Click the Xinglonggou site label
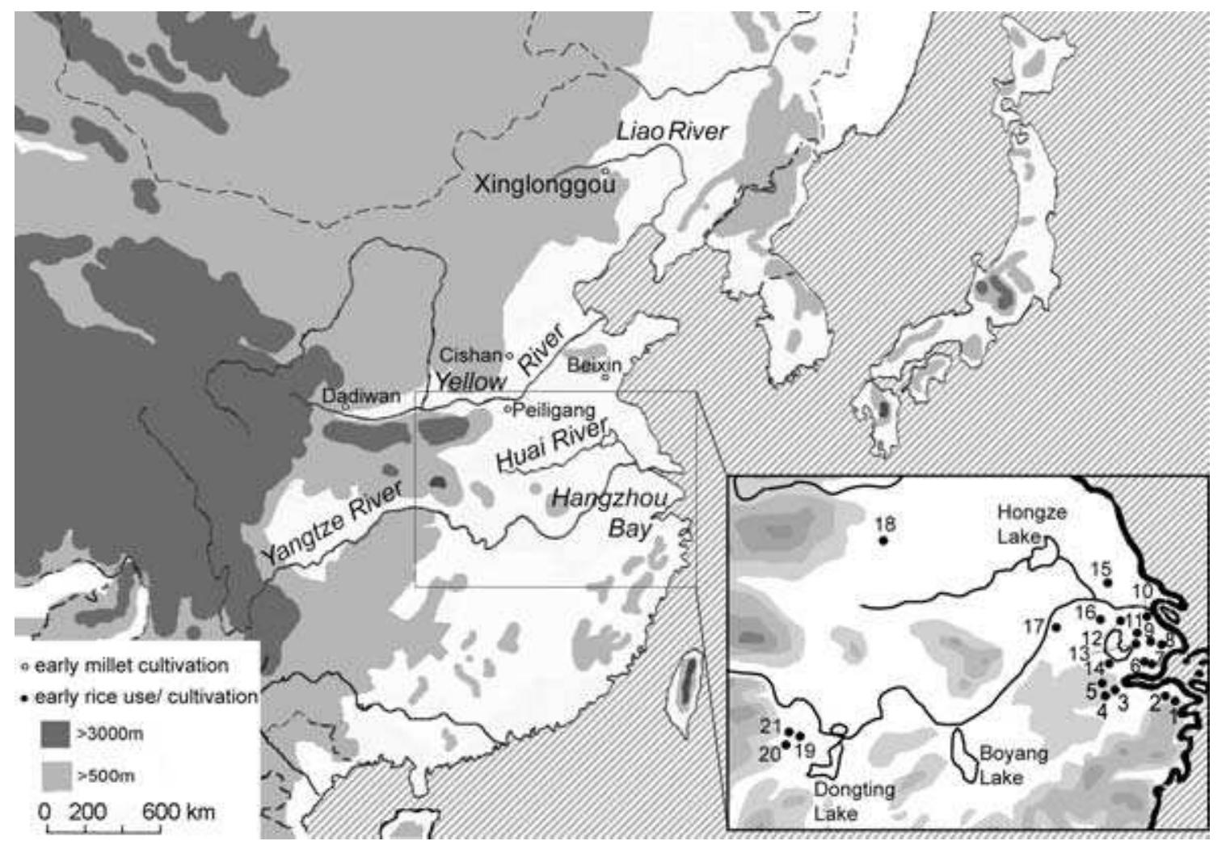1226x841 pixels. pyautogui.click(x=546, y=185)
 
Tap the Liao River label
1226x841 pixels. pyautogui.click(x=672, y=132)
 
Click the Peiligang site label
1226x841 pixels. pyautogui.click(x=554, y=410)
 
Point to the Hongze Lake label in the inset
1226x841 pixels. pyautogui.click(x=1032, y=523)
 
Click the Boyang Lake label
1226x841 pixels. pyautogui.click(x=1013, y=765)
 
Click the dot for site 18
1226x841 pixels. pyautogui.click(x=884, y=540)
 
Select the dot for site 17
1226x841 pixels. pyautogui.click(x=1055, y=627)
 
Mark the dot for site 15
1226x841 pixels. pyautogui.click(x=1108, y=582)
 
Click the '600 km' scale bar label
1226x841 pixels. pyautogui.click(x=179, y=811)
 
